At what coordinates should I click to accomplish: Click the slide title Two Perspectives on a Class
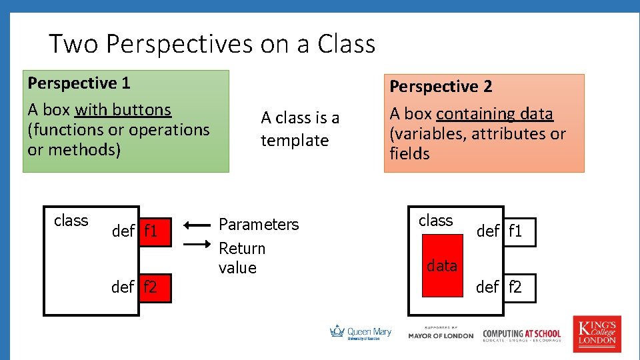click(x=212, y=44)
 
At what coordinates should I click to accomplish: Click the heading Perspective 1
click(x=79, y=83)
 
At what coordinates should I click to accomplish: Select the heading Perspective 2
click(x=441, y=87)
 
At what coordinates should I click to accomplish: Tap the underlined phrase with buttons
click(x=123, y=109)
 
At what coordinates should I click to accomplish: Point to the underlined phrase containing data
click(x=495, y=114)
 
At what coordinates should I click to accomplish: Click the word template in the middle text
click(x=295, y=141)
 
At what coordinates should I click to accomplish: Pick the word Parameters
click(x=259, y=224)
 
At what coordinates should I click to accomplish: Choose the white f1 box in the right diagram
click(x=519, y=231)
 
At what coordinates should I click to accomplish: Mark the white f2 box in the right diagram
click(x=519, y=287)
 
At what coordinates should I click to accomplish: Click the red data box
click(x=442, y=265)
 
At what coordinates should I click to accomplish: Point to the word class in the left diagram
click(x=71, y=221)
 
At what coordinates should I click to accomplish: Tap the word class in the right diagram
click(x=435, y=221)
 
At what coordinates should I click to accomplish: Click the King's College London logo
click(x=597, y=333)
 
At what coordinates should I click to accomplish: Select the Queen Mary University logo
click(x=361, y=332)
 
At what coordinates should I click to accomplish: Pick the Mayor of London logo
click(x=441, y=333)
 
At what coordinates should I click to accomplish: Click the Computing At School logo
click(x=521, y=335)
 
